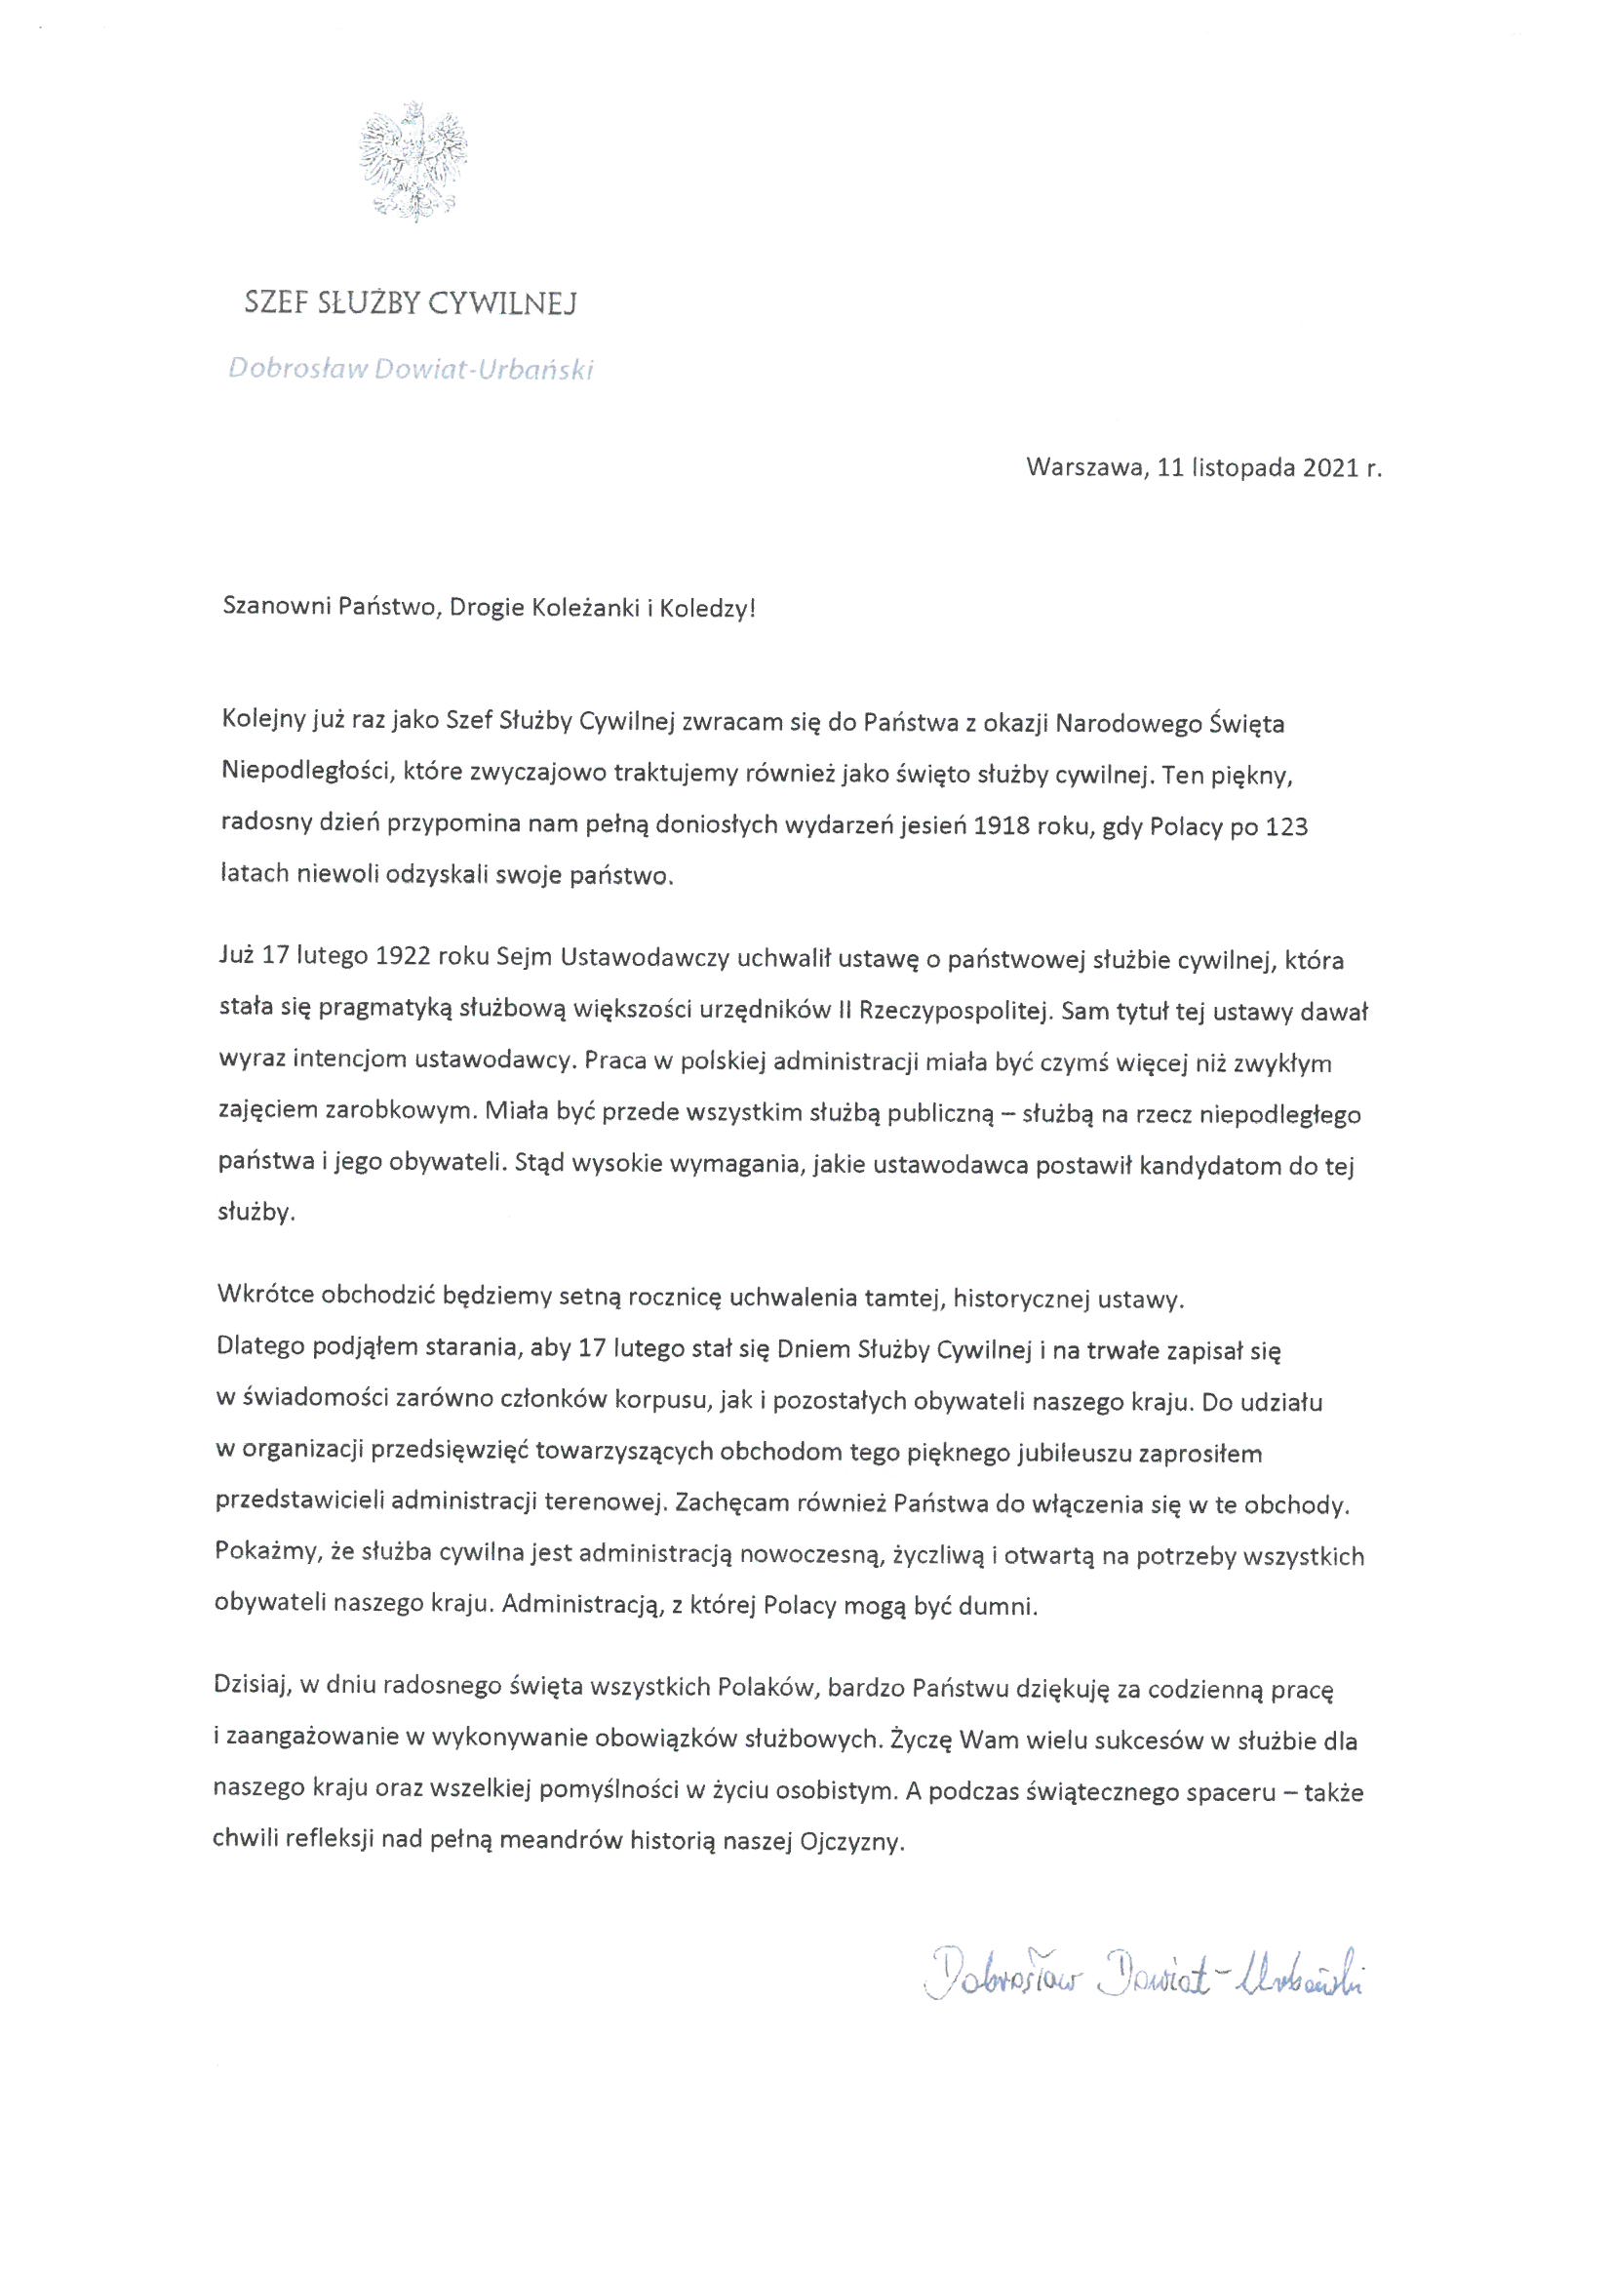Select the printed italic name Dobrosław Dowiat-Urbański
click(411, 370)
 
